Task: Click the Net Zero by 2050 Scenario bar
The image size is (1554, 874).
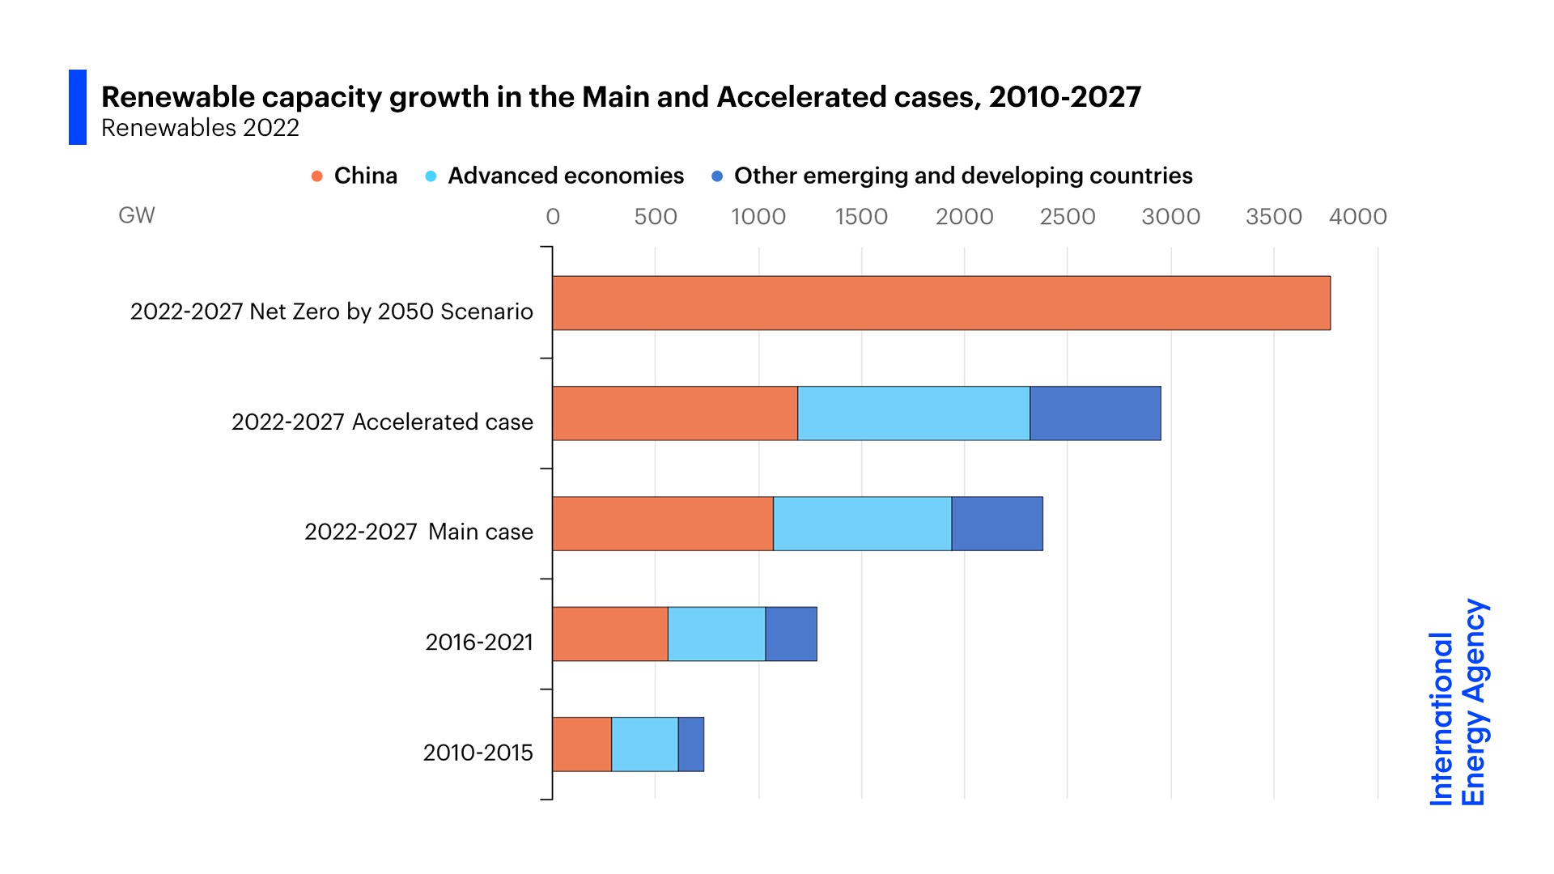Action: (940, 303)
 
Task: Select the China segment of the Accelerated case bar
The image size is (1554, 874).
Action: (674, 414)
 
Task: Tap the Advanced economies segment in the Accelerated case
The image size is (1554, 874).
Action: (913, 414)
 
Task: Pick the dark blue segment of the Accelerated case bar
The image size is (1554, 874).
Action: (1095, 414)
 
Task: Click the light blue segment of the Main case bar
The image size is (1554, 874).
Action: (862, 524)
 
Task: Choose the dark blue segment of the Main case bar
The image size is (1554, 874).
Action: (997, 524)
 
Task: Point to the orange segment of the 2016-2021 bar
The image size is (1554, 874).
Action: (609, 634)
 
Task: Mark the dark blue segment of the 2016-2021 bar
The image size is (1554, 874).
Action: (791, 634)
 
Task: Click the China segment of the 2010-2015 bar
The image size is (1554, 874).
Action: (581, 745)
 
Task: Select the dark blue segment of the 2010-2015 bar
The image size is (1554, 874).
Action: (690, 745)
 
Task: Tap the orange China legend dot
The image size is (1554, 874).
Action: (317, 176)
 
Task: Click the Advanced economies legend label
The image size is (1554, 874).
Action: (565, 176)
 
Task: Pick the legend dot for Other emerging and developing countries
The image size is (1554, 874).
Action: (717, 176)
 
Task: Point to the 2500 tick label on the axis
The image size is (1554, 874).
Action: (1067, 217)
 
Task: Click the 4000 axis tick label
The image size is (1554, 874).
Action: (1357, 217)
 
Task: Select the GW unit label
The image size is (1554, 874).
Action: (136, 215)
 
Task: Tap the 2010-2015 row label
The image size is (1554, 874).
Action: (478, 753)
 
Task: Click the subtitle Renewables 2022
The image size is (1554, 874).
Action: (200, 128)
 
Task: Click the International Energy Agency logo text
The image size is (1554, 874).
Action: (1458, 702)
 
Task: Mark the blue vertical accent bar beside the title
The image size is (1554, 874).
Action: (78, 107)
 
